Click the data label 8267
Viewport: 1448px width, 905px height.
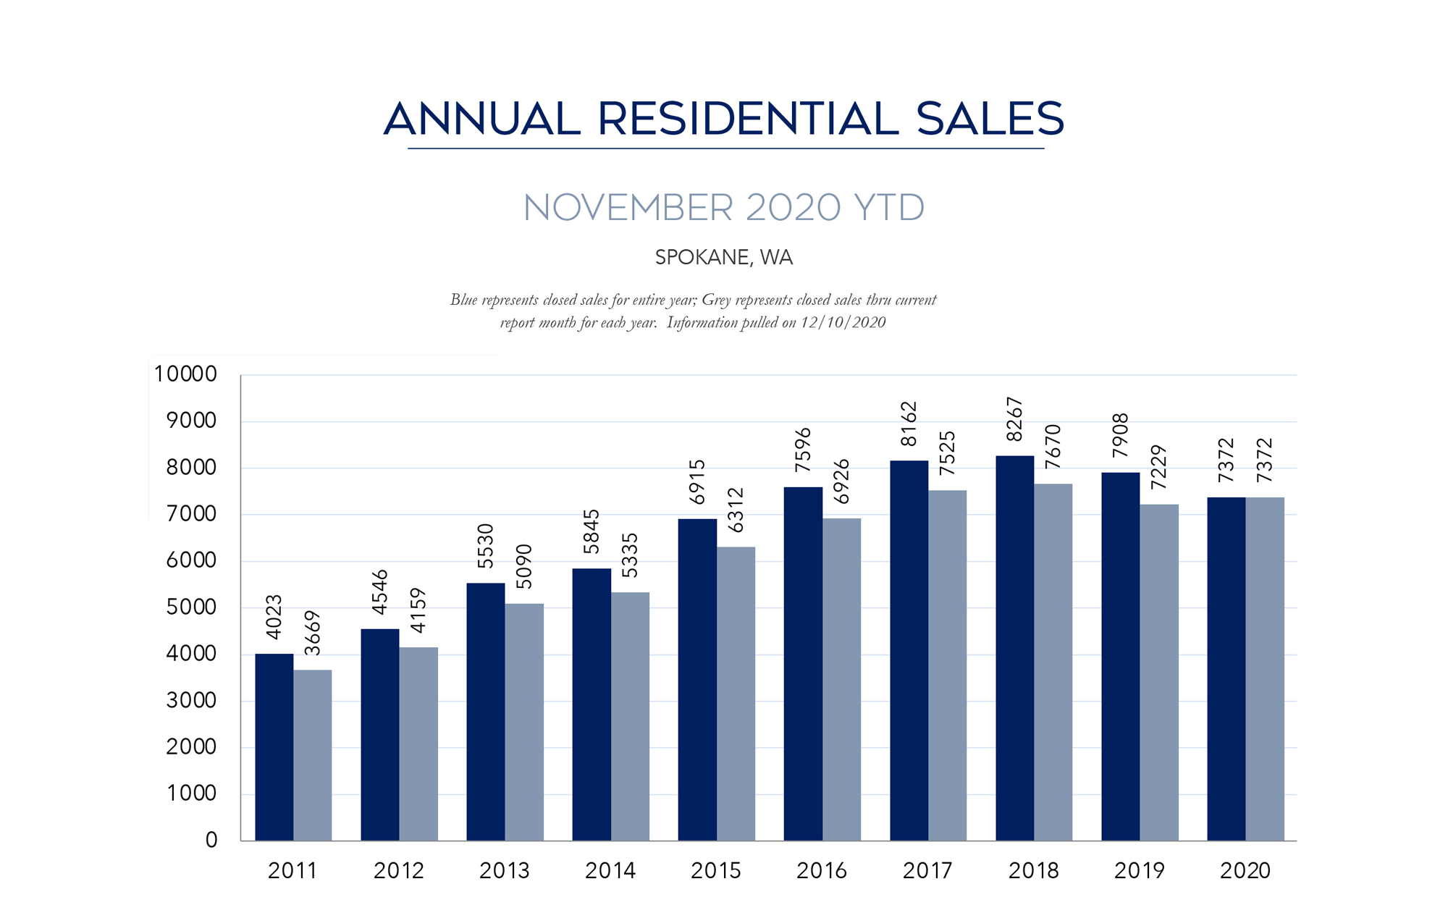click(x=1014, y=419)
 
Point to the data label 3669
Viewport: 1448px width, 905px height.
click(x=312, y=633)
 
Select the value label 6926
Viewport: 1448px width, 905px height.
click(x=841, y=481)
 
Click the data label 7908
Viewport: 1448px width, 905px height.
click(x=1120, y=435)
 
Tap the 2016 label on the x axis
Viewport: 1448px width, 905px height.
click(x=822, y=870)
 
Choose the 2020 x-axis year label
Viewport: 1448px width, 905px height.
click(x=1245, y=870)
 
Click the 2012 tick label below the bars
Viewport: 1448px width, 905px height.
click(x=399, y=870)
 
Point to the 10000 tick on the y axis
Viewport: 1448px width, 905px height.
click(x=185, y=374)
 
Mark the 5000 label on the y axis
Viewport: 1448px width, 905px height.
click(x=191, y=607)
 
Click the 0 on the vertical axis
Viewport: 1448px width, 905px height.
click(x=211, y=840)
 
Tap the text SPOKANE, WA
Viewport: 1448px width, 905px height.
click(x=724, y=258)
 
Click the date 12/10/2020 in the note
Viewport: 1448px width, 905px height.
click(x=843, y=323)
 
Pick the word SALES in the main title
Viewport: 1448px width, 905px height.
click(x=990, y=119)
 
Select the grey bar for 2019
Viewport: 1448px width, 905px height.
click(x=1159, y=673)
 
